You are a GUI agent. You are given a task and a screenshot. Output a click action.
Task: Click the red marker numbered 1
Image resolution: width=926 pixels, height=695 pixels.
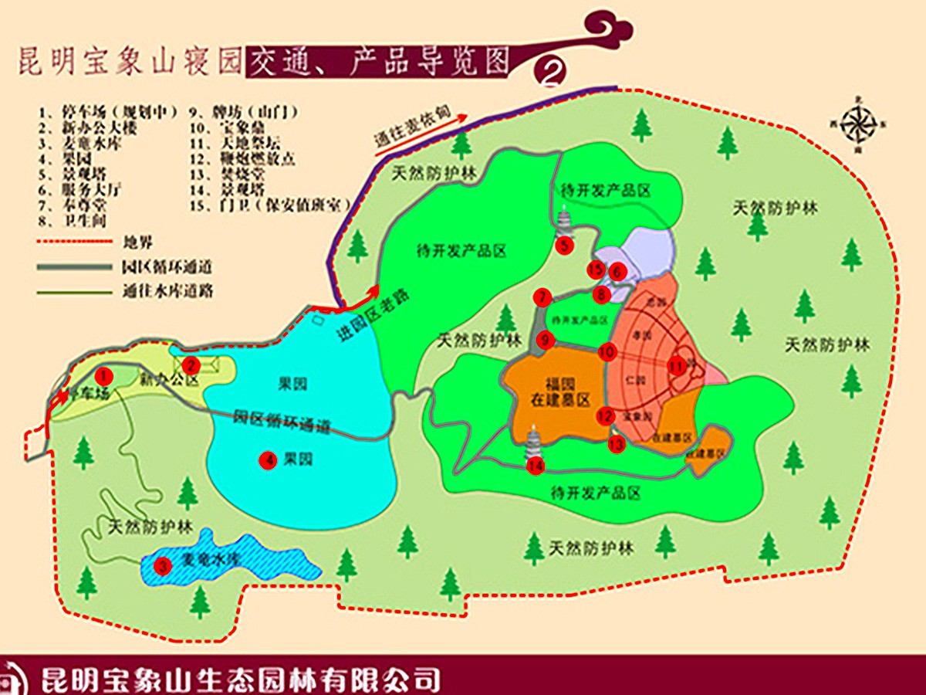106,375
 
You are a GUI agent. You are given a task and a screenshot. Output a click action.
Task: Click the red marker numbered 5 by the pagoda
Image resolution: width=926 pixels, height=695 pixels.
565,246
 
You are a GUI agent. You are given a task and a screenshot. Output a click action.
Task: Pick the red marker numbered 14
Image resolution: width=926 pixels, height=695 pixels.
536,466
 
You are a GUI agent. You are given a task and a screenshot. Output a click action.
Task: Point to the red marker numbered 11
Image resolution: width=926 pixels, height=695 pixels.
677,367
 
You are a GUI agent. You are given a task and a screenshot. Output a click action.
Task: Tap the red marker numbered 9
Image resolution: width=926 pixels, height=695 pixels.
546,339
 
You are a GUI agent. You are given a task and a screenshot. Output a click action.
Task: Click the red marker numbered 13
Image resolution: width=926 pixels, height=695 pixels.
616,444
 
